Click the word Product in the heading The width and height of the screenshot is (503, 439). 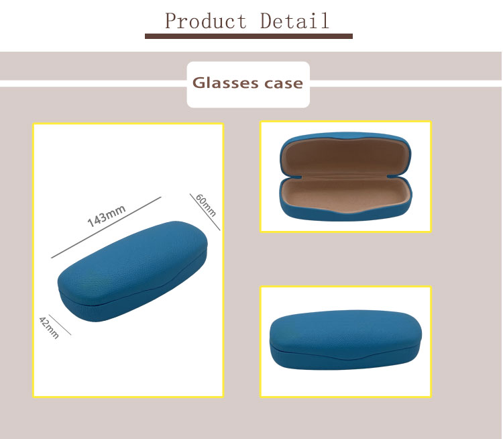(x=206, y=21)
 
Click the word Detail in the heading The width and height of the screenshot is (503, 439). (x=294, y=21)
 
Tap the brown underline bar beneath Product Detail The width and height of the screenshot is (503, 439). (x=249, y=36)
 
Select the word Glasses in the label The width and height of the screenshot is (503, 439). (x=225, y=83)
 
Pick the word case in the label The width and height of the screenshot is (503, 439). (x=284, y=84)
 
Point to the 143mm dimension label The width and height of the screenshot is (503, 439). (x=106, y=215)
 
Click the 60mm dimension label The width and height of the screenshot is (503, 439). (x=206, y=205)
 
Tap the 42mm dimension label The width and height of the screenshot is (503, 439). (x=49, y=328)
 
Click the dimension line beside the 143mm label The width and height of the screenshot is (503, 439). (x=106, y=228)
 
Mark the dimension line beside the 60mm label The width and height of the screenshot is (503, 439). (x=205, y=212)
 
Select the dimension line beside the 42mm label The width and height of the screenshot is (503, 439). (x=60, y=325)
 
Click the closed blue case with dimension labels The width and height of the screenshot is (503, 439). (x=133, y=271)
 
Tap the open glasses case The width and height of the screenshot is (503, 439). (x=345, y=177)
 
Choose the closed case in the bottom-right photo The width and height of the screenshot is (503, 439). (x=345, y=340)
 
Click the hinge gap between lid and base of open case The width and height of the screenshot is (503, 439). (x=345, y=177)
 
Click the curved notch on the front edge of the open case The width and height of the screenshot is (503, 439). (x=345, y=210)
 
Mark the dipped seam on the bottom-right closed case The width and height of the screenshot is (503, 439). (x=345, y=357)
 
